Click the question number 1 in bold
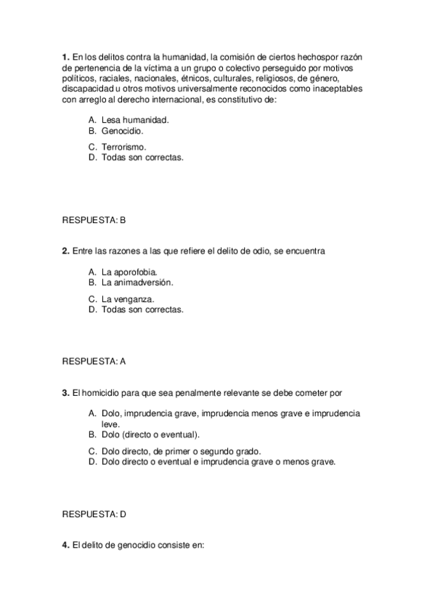65,56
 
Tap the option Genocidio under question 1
122,131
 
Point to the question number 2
65,251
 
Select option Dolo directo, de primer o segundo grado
181,450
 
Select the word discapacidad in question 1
88,89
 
